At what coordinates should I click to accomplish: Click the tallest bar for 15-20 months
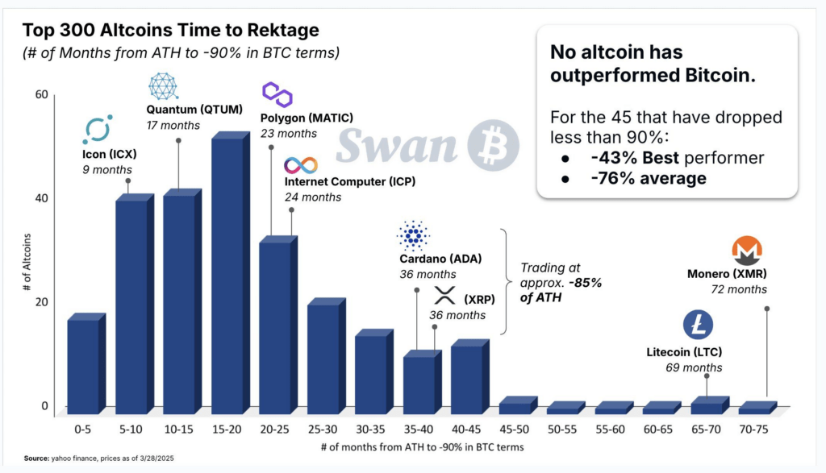tap(227, 274)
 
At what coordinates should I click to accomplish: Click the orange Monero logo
tap(746, 252)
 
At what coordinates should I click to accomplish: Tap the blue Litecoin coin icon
tap(699, 325)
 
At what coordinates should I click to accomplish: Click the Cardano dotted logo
tap(414, 235)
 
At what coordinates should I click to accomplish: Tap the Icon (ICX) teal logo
tap(98, 130)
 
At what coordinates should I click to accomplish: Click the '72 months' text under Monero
tap(739, 288)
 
